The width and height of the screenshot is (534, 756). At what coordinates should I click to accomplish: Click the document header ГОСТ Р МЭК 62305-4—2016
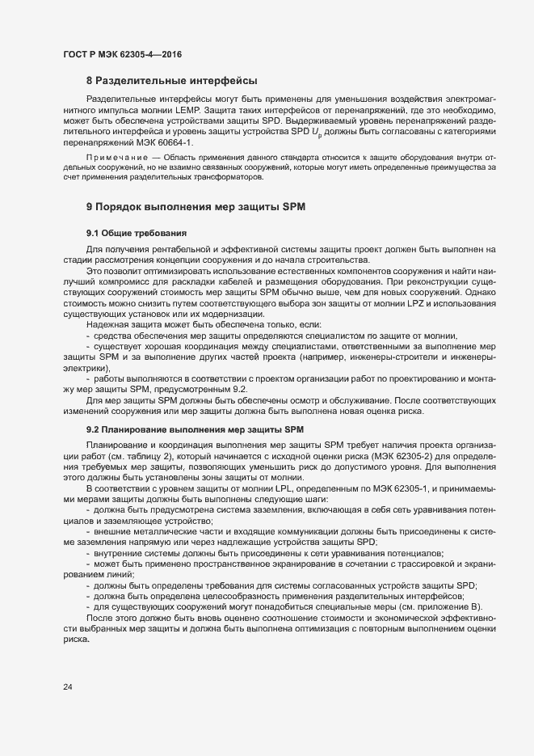(122, 54)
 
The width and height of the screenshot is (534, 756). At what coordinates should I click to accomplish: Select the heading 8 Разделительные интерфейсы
(171, 81)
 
